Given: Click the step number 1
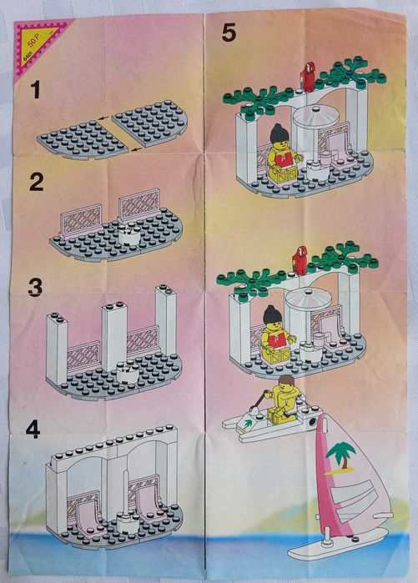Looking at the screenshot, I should [x=35, y=90].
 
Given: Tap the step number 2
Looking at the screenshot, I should [x=36, y=182].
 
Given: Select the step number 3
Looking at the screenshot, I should [x=35, y=288].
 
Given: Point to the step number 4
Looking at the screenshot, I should [x=33, y=430].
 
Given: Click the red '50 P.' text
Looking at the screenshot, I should [x=34, y=38].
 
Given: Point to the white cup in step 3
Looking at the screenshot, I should [x=126, y=372].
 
